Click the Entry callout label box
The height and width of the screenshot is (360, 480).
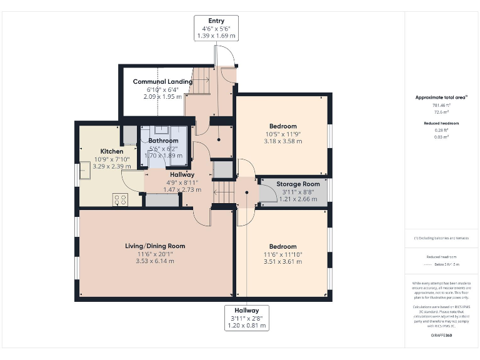point(216,29)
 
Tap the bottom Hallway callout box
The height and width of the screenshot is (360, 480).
point(247,317)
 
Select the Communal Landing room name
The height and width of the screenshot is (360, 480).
point(158,82)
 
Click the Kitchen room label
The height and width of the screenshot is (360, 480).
point(112,151)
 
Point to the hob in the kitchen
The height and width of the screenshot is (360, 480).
point(119,199)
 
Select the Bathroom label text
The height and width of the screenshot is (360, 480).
point(163,141)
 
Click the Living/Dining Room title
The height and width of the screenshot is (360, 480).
point(155,246)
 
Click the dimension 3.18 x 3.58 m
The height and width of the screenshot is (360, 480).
point(283,141)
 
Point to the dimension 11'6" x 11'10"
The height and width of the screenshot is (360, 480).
point(283,254)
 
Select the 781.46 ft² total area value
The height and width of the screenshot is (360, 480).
point(442,106)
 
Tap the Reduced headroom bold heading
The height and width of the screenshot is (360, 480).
point(442,123)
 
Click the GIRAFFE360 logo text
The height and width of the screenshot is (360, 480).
point(442,336)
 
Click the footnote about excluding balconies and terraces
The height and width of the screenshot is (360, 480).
point(442,238)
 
